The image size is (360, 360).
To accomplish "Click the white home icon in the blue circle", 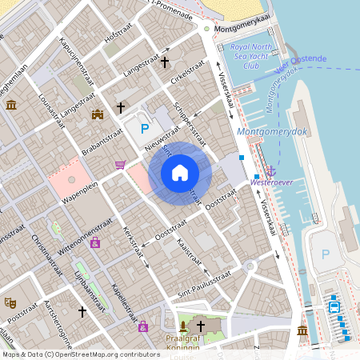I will click(180, 172).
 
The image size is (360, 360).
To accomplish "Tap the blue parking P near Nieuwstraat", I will click(145, 128).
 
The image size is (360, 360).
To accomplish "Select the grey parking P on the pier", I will click(325, 254).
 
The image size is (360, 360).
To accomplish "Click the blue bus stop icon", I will click(334, 304).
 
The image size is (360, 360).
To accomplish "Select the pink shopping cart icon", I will click(120, 165).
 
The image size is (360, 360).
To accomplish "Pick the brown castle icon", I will click(98, 114).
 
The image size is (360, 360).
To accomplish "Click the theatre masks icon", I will click(10, 302).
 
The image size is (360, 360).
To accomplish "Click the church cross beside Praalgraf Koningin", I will click(200, 326).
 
